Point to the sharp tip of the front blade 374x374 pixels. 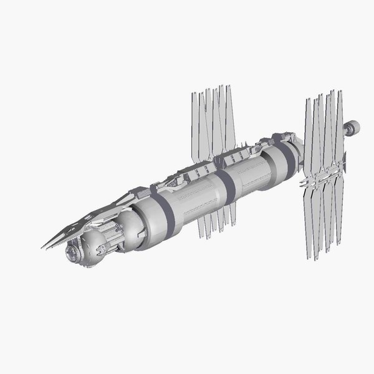click(44, 247)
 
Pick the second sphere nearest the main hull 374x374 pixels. click(130, 224)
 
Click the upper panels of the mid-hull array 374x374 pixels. click(212, 122)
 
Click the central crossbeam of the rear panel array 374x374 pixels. click(322, 178)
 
